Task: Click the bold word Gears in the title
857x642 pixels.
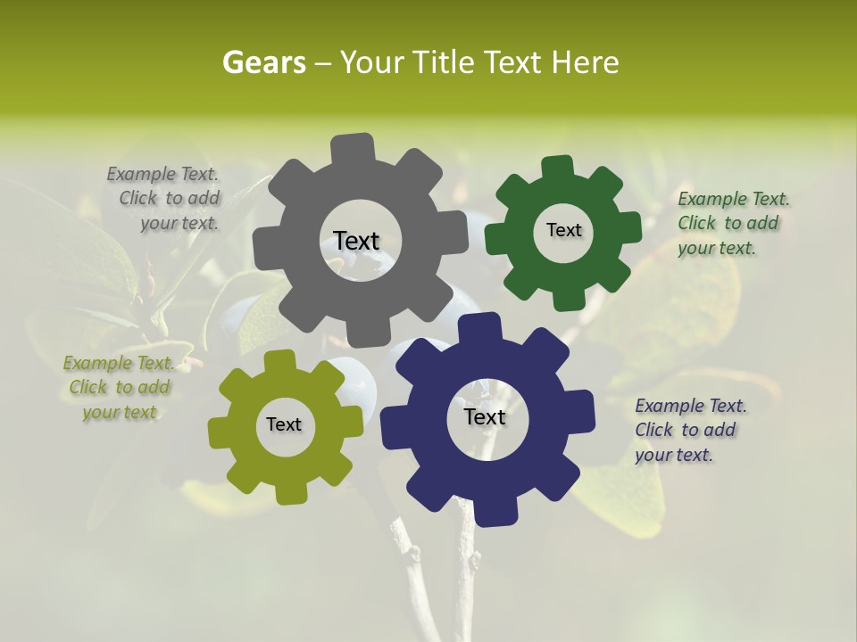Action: [263, 62]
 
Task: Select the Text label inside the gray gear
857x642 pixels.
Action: [356, 241]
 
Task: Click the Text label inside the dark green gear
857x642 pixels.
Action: [563, 230]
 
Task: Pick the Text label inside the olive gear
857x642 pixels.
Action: [284, 424]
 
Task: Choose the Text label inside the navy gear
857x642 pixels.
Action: [485, 416]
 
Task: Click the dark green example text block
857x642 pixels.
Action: [732, 224]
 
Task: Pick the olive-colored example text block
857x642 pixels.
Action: [119, 388]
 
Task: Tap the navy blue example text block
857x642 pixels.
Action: [689, 430]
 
